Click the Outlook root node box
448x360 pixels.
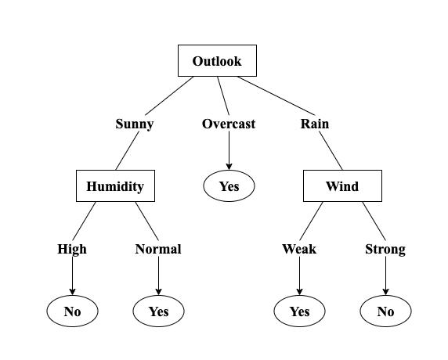click(217, 60)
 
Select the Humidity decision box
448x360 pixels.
click(115, 186)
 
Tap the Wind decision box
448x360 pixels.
click(342, 186)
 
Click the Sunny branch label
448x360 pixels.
click(134, 124)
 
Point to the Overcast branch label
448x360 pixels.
click(229, 124)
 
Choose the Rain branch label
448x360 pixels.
click(315, 124)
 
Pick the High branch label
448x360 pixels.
click(72, 249)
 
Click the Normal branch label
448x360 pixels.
click(158, 249)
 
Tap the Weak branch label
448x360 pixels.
click(299, 249)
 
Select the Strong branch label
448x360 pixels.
click(385, 249)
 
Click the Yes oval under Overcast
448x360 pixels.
click(229, 186)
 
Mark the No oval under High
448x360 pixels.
click(72, 311)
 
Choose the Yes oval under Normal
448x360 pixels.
click(158, 311)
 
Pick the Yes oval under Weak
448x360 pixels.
click(299, 311)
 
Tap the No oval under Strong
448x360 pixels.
click(385, 311)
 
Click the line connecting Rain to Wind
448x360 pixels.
click(333, 152)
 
